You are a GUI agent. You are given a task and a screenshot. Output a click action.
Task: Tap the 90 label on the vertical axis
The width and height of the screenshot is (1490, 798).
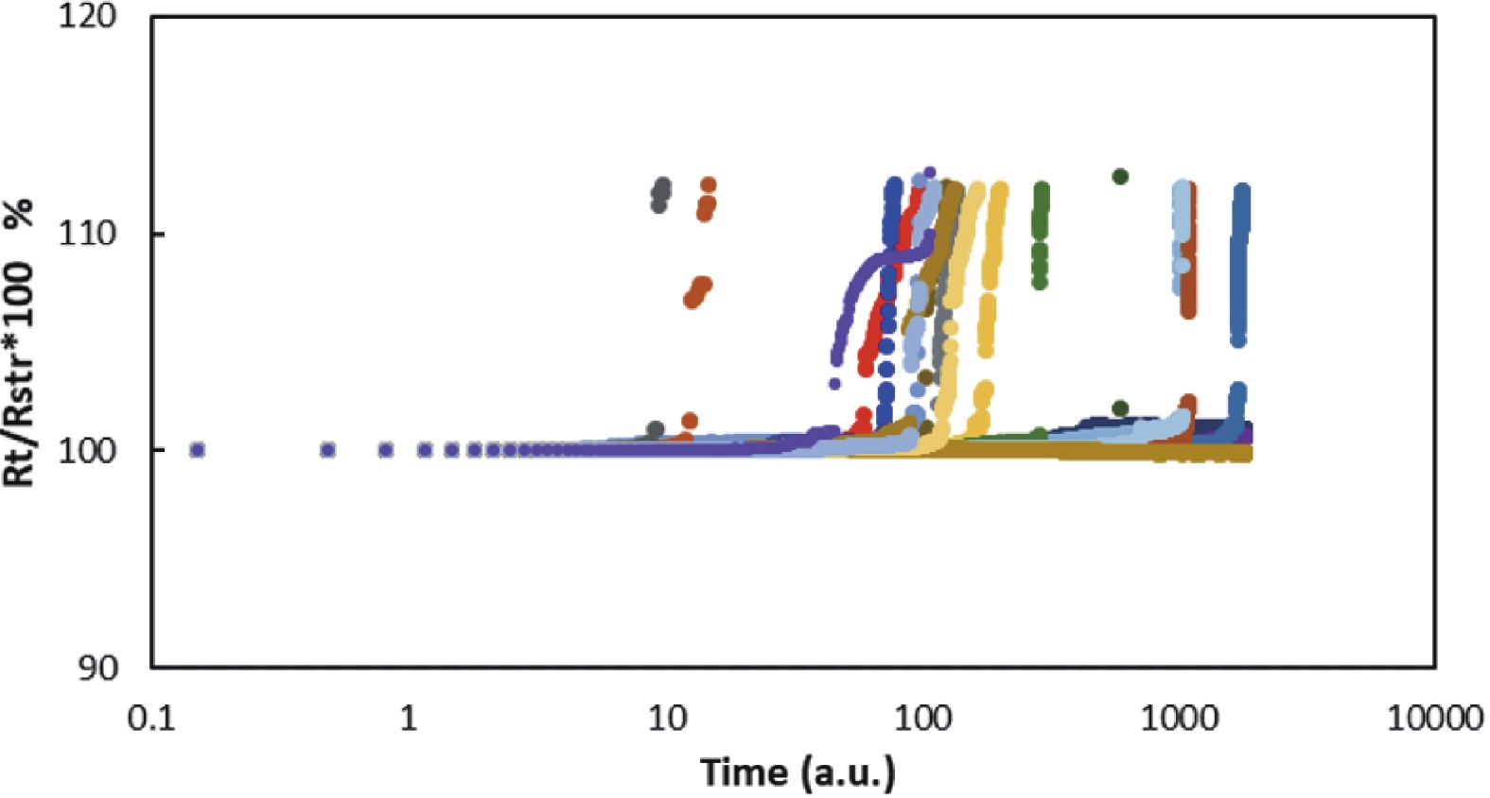pos(97,668)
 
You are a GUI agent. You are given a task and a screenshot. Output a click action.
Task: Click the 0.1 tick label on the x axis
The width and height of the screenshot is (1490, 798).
pos(152,719)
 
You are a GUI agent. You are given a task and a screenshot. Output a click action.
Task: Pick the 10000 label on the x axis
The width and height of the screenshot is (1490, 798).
pos(1434,719)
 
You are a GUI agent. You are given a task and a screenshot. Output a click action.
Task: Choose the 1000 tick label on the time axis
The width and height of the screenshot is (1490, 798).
pos(1179,719)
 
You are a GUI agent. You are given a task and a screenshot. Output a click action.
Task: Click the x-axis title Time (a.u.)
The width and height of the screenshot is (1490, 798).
pos(798,772)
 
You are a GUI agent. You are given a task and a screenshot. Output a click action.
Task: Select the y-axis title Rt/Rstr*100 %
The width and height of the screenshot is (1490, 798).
pos(21,342)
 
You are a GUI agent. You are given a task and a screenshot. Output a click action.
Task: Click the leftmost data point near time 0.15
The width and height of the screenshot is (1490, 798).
pos(197,449)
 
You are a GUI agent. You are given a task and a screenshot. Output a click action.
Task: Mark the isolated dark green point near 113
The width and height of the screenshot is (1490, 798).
pos(1120,177)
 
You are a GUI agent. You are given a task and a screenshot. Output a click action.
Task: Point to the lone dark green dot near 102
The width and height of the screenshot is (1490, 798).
pos(1120,408)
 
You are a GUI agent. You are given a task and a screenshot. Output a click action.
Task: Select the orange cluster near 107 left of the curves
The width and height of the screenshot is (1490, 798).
pos(697,292)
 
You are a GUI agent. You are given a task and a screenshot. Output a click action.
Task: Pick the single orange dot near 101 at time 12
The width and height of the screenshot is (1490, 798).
pos(689,421)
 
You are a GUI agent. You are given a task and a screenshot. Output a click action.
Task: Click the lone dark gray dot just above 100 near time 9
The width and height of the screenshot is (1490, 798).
pos(655,430)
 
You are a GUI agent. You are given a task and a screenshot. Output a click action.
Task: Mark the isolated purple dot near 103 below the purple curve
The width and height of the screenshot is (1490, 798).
pos(833,383)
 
